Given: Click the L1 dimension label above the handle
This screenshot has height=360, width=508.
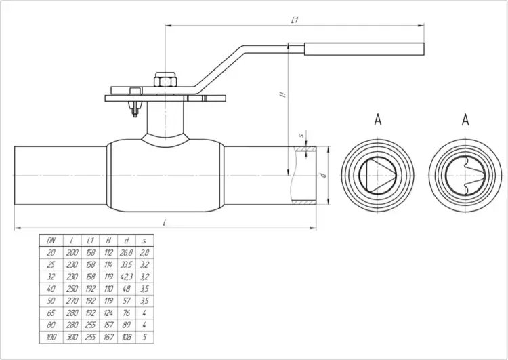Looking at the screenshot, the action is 295,20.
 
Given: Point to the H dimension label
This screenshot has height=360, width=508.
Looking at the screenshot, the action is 283,94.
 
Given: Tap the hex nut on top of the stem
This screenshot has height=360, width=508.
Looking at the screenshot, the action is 165,79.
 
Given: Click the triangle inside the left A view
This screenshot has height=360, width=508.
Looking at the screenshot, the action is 378,176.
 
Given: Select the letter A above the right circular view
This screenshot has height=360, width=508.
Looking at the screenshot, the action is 465,119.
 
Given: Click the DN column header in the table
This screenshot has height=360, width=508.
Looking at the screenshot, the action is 51,240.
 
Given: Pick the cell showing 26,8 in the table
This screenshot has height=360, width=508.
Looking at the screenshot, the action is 127,253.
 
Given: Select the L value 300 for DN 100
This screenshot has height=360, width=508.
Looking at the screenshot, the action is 72,337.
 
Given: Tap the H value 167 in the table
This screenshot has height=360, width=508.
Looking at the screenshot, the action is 108,337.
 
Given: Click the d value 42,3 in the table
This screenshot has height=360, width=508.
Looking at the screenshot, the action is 127,277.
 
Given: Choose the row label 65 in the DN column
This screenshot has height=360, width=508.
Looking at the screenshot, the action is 51,313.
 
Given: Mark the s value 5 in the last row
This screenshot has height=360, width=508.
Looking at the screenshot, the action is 144,337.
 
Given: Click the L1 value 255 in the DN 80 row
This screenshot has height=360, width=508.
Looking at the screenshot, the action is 90,325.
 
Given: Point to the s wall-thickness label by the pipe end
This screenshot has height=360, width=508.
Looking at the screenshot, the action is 301,135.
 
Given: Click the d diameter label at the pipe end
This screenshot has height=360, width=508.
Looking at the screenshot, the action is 322,175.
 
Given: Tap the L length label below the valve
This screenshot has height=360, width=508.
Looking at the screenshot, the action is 165,223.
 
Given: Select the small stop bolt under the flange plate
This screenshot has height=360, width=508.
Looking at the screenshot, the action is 135,108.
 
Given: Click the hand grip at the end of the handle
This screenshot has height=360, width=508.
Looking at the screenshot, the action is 364,49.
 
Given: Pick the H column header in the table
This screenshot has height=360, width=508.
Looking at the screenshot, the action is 108,240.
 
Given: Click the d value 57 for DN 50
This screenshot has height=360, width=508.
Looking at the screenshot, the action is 127,300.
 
